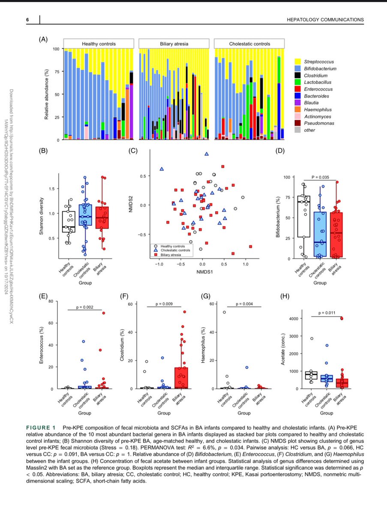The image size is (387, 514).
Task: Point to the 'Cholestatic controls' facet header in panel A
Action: pos(249,44)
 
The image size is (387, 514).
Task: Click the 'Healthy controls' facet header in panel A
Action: pos(99,44)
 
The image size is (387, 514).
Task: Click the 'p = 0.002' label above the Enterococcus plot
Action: pos(84,306)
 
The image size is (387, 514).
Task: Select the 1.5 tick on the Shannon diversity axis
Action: pos(52,188)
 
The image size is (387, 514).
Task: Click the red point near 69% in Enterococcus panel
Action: pos(103,313)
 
